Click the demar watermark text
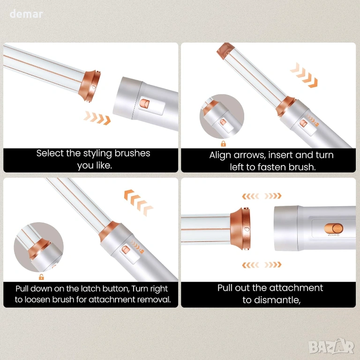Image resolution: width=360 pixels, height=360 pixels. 26,14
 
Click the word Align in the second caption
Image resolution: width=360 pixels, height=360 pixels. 220,156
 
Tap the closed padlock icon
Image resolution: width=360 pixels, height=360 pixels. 223,144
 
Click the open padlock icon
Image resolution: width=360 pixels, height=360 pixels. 41,277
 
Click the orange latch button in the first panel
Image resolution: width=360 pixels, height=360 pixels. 144,103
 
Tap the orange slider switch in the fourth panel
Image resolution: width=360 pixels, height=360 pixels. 334,229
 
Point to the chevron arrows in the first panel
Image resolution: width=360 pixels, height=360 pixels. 97,118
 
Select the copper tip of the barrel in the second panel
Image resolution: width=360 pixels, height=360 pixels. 225,51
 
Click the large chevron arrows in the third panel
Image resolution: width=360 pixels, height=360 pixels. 138,202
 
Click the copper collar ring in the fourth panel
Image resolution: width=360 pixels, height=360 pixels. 240,229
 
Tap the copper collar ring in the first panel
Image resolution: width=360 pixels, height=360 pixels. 90,86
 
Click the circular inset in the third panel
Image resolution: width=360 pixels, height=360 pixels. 39,247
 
